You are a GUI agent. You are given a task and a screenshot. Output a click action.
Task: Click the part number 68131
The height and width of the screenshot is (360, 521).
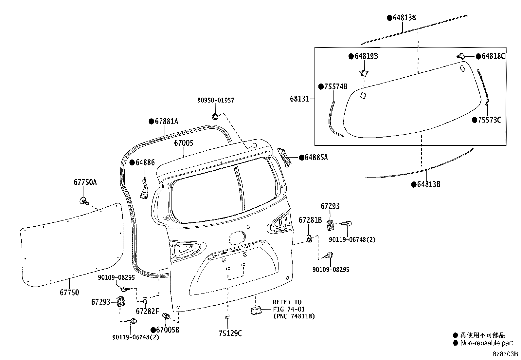[299, 99]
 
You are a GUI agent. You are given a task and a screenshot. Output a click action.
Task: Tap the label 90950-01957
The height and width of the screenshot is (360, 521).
[216, 100]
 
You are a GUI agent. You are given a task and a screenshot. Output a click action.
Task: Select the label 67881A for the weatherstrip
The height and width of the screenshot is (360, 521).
[166, 122]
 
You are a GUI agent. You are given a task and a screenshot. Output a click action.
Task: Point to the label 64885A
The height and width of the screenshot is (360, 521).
[316, 158]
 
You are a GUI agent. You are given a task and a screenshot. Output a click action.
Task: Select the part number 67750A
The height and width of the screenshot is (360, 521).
[85, 182]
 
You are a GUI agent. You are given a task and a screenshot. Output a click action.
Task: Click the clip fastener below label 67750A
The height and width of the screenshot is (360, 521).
[84, 201]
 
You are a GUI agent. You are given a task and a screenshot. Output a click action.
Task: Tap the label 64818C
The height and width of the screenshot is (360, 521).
[493, 56]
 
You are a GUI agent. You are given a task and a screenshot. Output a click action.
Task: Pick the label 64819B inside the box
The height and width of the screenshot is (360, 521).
[366, 56]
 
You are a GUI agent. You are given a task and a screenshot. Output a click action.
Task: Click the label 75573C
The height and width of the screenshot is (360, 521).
[489, 120]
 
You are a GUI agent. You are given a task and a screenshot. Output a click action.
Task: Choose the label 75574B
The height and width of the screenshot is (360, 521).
[335, 86]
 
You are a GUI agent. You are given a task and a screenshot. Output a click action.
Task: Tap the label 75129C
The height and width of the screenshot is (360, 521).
[230, 333]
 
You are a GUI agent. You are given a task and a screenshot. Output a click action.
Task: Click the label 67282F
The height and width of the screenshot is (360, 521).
[147, 311]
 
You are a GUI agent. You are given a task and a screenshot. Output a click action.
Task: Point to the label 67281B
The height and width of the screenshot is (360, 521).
[310, 220]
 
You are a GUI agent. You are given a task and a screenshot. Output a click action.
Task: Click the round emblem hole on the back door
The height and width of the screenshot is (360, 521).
[237, 238]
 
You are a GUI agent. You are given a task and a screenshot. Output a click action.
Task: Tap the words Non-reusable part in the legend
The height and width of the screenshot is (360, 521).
[486, 343]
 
